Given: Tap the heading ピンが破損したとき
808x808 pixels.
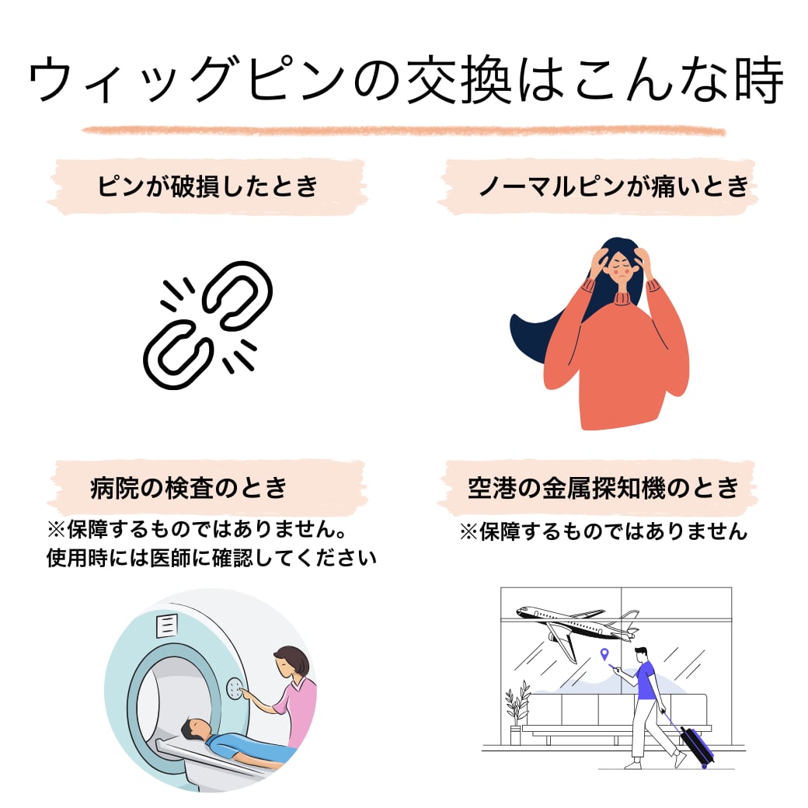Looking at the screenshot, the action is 207,186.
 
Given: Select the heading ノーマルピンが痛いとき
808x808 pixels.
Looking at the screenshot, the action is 613,186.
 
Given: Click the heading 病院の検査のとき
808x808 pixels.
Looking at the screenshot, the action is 189,488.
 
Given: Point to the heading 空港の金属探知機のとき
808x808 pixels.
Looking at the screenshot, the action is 603,488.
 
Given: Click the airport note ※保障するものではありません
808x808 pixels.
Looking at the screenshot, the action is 603,531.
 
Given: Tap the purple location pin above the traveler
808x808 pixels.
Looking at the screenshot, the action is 605,654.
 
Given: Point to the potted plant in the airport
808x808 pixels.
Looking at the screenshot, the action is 517,711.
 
